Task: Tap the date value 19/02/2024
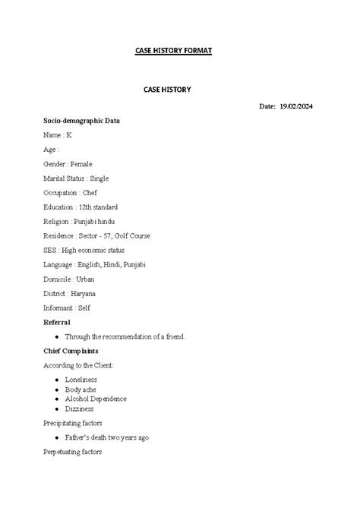point(295,106)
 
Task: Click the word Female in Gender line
point(81,164)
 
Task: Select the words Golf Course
point(131,236)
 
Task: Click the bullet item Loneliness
point(81,379)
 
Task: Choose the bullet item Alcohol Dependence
point(96,399)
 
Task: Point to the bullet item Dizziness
point(80,409)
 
